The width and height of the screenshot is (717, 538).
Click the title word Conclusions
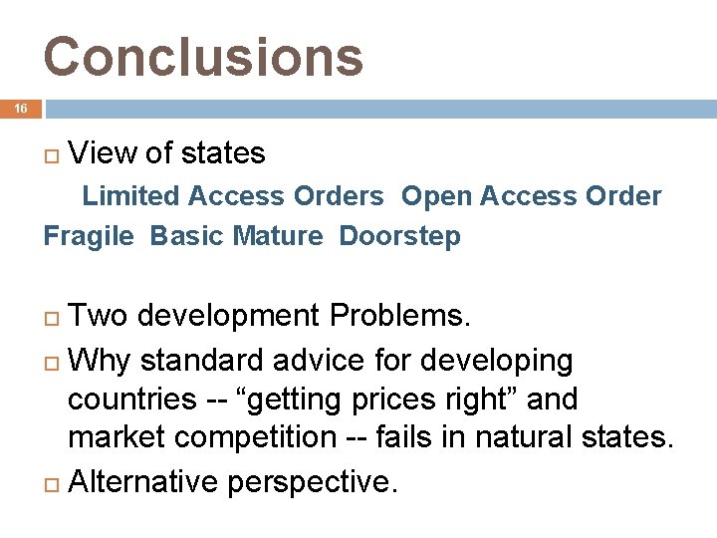pyautogui.click(x=203, y=57)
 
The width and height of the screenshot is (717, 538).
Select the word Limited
pyautogui.click(x=130, y=196)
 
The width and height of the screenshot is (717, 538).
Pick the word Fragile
pyautogui.click(x=89, y=237)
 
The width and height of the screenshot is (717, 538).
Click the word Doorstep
pyautogui.click(x=399, y=237)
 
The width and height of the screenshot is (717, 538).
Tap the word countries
pyautogui.click(x=131, y=399)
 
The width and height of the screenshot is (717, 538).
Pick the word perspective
pyautogui.click(x=313, y=482)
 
